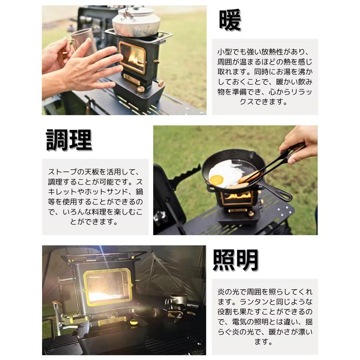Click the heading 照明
236,260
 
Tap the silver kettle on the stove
135,23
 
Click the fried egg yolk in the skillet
217,180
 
